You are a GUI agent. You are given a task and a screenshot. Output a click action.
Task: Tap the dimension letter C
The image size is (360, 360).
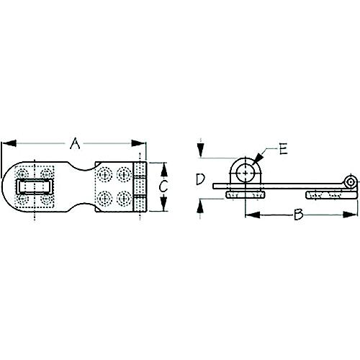click(x=164, y=187)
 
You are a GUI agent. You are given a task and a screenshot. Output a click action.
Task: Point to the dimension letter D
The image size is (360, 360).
click(x=202, y=179)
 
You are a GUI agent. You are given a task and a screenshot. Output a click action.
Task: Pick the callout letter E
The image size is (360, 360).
click(x=284, y=150)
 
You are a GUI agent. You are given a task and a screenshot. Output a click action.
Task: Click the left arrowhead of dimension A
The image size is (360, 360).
click(x=5, y=143)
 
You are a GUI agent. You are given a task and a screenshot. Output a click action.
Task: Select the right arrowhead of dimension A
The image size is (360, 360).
click(x=143, y=143)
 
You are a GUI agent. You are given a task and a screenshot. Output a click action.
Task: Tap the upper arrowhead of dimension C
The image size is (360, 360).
click(x=164, y=167)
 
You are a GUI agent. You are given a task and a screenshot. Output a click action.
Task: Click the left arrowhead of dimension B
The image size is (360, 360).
click(x=248, y=214)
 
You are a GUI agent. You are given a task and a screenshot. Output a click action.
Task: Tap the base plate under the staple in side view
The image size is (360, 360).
click(x=246, y=195)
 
